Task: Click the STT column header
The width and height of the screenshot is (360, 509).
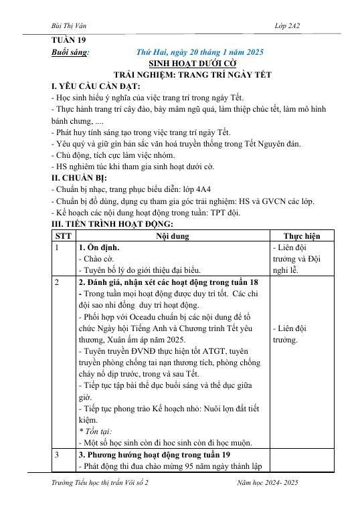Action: click(x=64, y=236)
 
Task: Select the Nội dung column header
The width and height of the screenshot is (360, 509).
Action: click(x=173, y=236)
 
